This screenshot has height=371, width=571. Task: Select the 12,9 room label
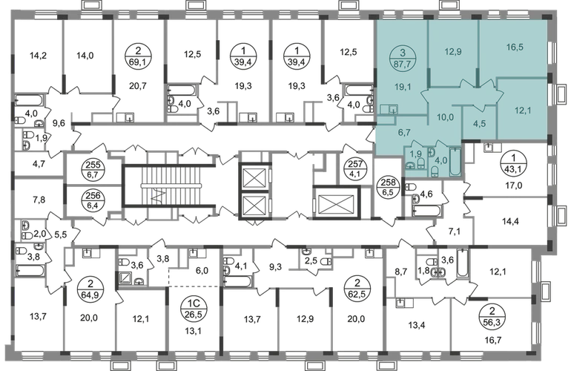point(452,51)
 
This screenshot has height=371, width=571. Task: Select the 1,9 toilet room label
point(417,154)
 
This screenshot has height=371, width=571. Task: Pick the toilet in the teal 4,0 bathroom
point(435,171)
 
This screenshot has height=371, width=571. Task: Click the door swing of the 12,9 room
point(466,84)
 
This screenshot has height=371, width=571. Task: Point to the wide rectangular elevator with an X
point(334,201)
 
